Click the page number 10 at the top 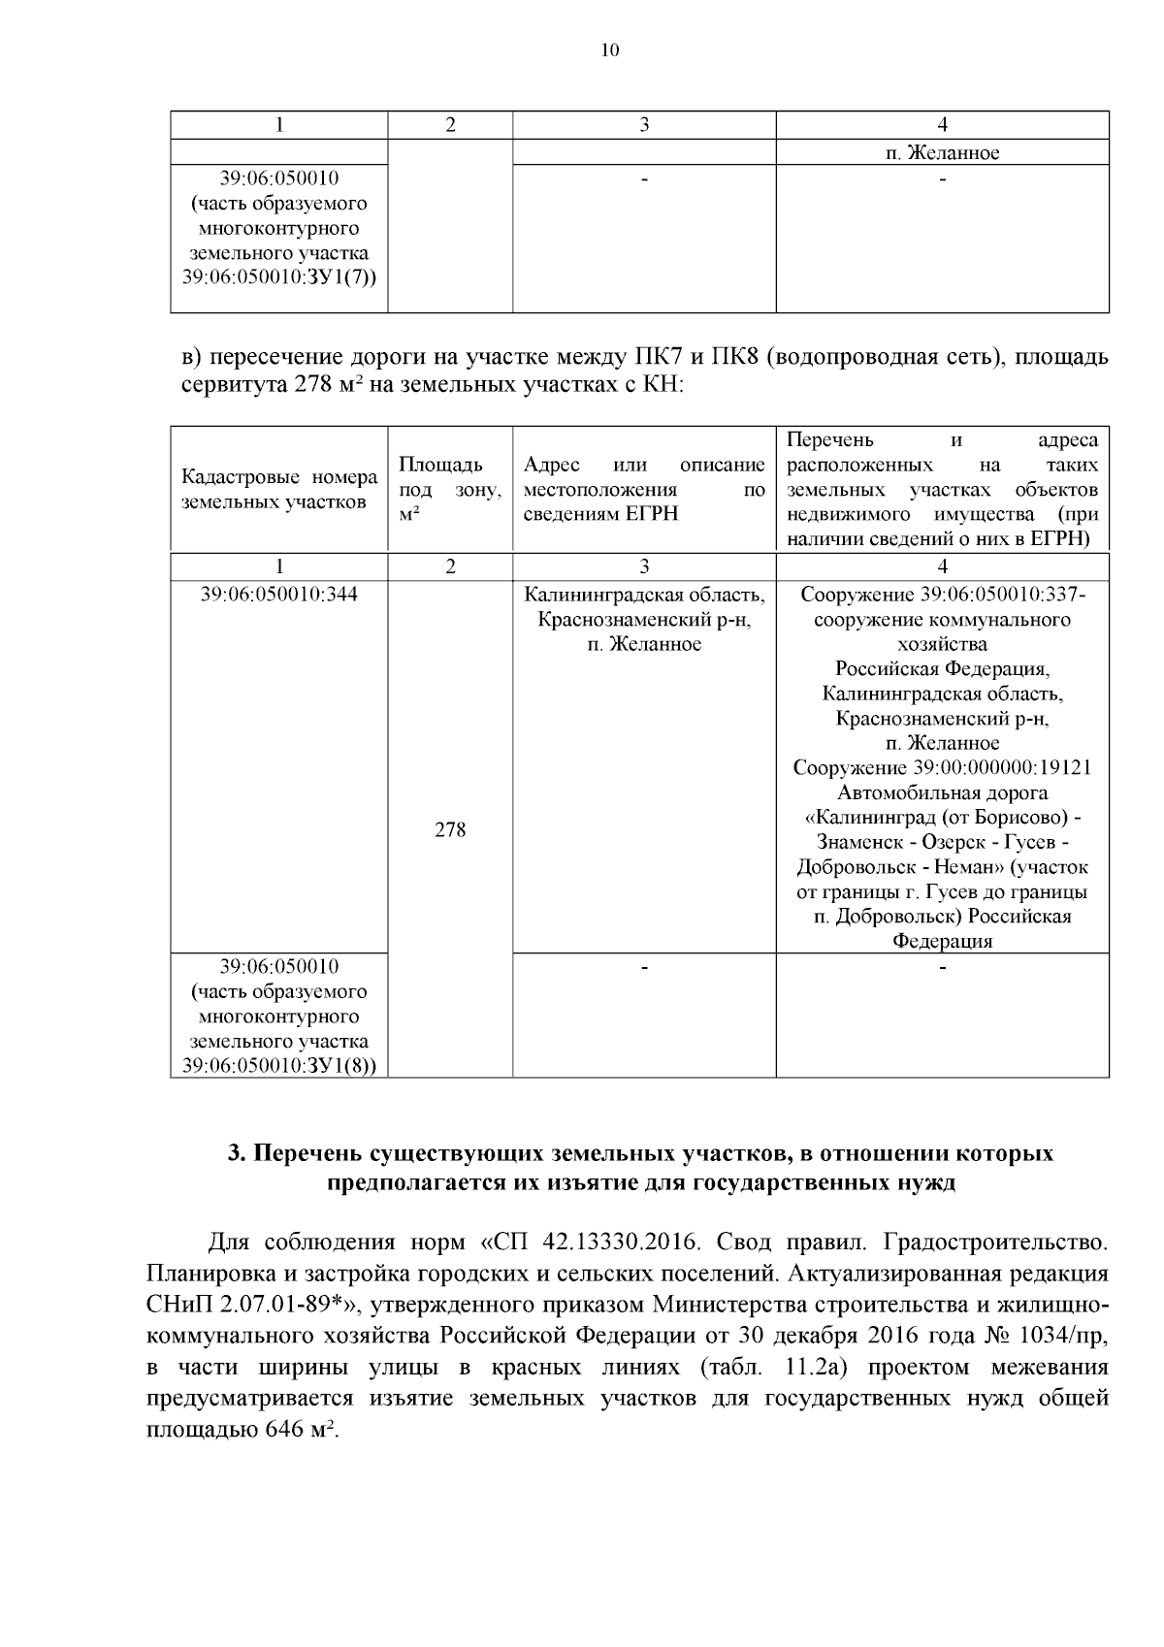pos(609,50)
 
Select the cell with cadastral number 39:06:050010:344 pos(279,594)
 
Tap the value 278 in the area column pos(450,829)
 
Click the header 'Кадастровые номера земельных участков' pos(279,489)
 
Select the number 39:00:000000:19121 pos(1001,767)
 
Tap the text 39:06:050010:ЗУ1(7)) pos(279,278)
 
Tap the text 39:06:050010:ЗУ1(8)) pos(279,1066)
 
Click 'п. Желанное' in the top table pos(942,153)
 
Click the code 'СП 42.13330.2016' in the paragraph pos(596,1242)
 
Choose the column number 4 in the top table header pos(942,124)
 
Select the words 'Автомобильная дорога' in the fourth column pos(942,792)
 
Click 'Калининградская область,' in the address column pos(644,594)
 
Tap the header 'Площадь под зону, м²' pos(450,489)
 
